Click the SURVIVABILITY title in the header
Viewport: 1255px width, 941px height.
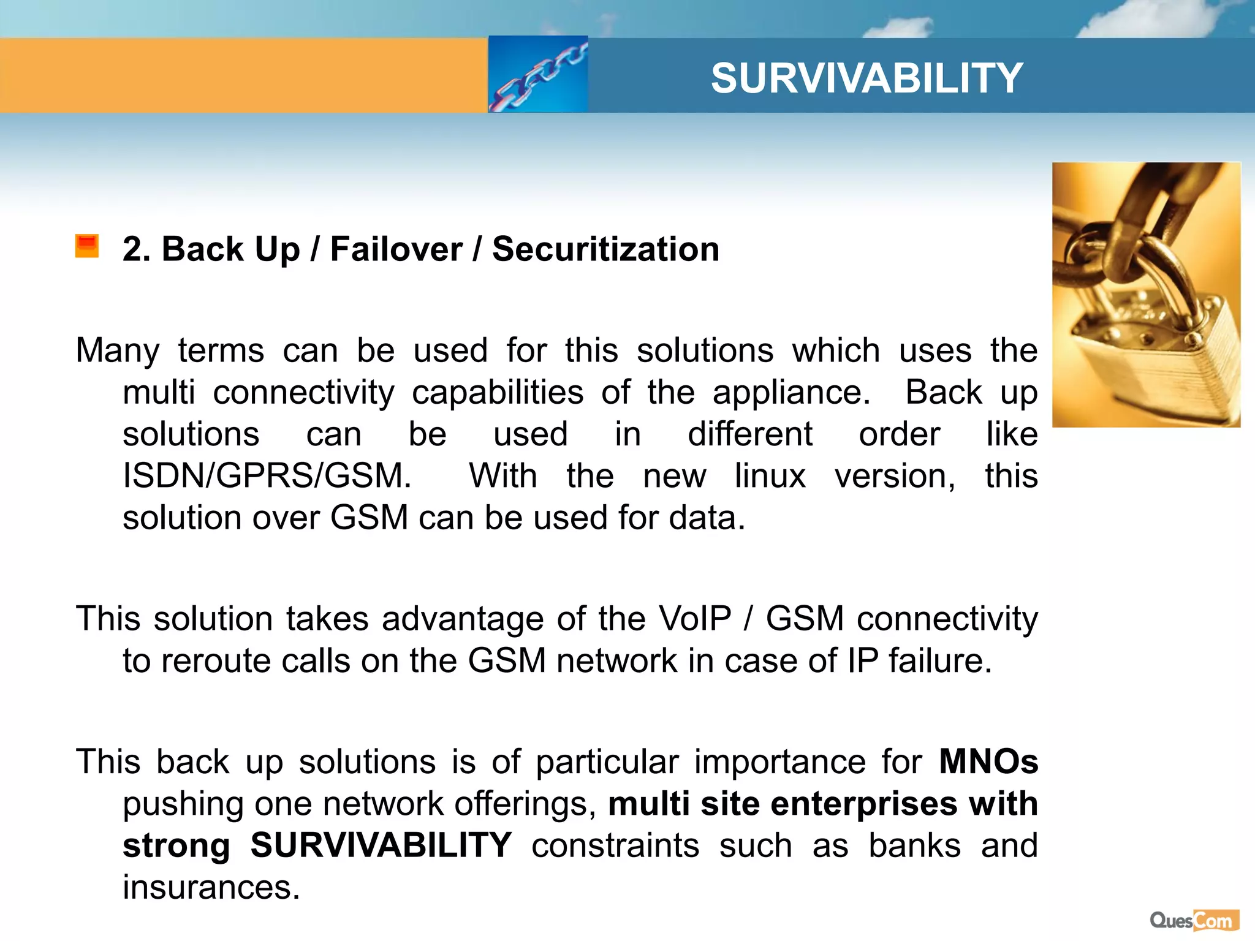[x=866, y=78]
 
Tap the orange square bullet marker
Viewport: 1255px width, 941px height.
[x=87, y=246]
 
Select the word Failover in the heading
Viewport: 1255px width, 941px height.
[x=396, y=249]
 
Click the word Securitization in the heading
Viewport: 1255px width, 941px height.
[x=605, y=249]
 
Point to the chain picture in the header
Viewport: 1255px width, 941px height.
[x=538, y=75]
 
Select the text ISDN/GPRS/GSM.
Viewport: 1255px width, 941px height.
[x=267, y=476]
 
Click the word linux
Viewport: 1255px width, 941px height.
[x=770, y=476]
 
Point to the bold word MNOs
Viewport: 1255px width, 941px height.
[x=988, y=761]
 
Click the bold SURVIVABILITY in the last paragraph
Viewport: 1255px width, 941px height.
[x=381, y=845]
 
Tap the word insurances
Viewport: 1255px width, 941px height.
[x=211, y=887]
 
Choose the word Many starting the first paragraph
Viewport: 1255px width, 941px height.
[x=118, y=351]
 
